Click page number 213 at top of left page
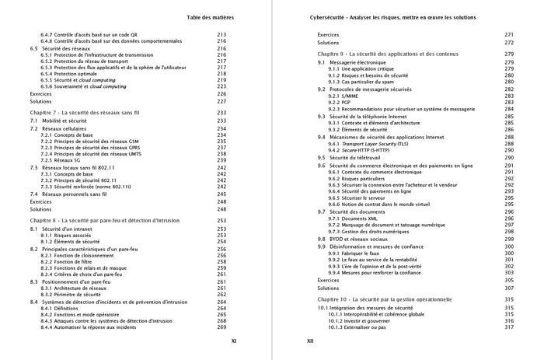click(221, 36)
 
